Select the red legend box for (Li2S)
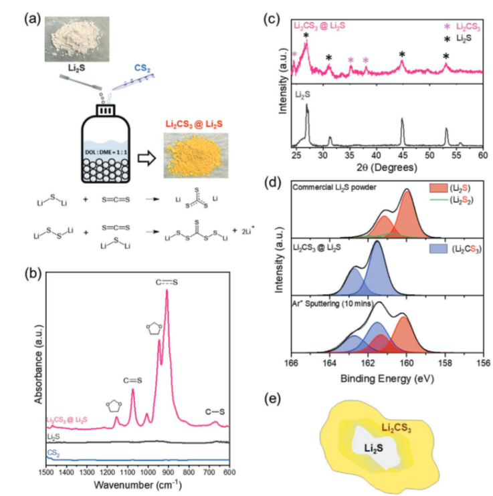click(442, 189)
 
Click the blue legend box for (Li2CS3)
click(441, 249)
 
